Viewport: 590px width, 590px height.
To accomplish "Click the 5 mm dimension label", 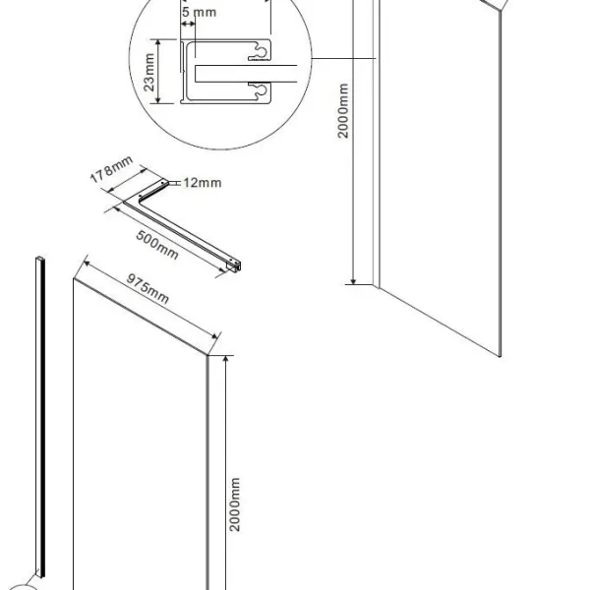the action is [x=199, y=12].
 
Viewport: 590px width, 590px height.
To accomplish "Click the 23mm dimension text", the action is [x=149, y=72].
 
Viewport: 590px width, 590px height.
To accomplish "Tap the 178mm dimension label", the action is [x=111, y=169].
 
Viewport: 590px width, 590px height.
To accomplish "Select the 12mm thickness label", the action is [x=202, y=183].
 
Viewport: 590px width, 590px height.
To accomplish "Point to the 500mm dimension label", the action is [x=157, y=245].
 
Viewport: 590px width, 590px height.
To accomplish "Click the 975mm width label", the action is [x=147, y=288].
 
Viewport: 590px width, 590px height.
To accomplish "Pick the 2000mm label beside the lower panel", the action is [x=234, y=504].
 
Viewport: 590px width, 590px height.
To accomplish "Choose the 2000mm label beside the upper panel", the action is [x=343, y=111].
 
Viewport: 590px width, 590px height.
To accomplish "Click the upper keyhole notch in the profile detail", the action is [x=260, y=53].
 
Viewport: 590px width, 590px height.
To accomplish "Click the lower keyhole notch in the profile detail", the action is [x=260, y=90].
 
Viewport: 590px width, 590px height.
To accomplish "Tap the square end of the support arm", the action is [x=234, y=265].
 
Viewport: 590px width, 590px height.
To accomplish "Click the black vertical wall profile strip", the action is [x=41, y=417].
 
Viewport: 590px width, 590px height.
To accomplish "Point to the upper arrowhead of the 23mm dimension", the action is [x=158, y=42].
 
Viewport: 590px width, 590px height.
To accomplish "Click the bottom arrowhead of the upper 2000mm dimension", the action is [x=353, y=281].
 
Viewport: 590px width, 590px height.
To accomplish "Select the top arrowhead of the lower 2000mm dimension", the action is [x=226, y=359].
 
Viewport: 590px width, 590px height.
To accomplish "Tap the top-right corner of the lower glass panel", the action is [x=206, y=355].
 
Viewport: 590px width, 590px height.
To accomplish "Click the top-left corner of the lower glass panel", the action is [x=74, y=279].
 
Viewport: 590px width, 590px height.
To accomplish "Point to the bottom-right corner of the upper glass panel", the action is [x=501, y=357].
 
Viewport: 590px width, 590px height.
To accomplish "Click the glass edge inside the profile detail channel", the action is [x=196, y=74].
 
